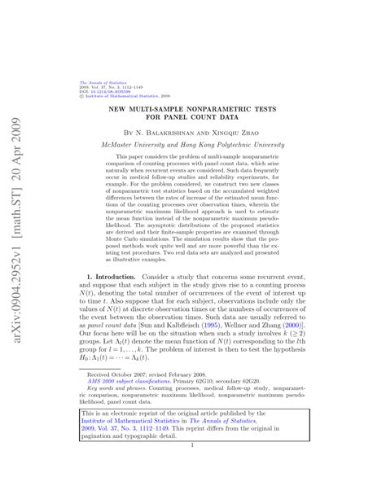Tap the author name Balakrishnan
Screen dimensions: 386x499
pos(174,131)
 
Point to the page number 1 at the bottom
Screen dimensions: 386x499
pos(192,468)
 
